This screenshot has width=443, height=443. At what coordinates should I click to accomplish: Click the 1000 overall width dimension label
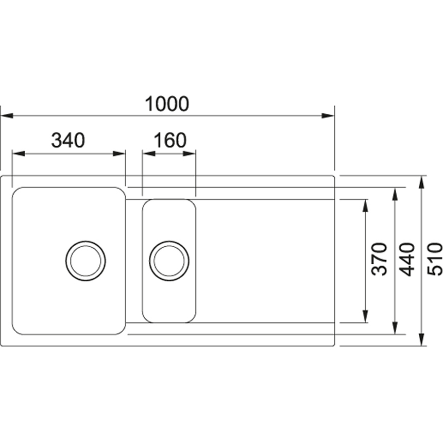click(167, 104)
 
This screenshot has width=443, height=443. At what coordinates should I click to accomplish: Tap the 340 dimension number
click(68, 141)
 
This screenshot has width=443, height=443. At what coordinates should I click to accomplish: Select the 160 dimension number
click(170, 141)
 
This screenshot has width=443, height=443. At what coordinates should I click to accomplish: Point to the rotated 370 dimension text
click(379, 259)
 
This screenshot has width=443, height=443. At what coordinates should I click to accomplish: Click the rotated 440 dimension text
click(407, 259)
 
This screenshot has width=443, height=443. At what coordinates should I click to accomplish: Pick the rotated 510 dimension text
click(435, 259)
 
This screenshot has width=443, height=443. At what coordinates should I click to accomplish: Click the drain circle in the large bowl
click(86, 261)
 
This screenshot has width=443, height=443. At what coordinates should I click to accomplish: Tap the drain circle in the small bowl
click(169, 261)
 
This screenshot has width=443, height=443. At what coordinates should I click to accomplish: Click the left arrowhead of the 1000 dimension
click(7, 116)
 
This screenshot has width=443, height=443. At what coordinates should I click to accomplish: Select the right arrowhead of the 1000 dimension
click(328, 116)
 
